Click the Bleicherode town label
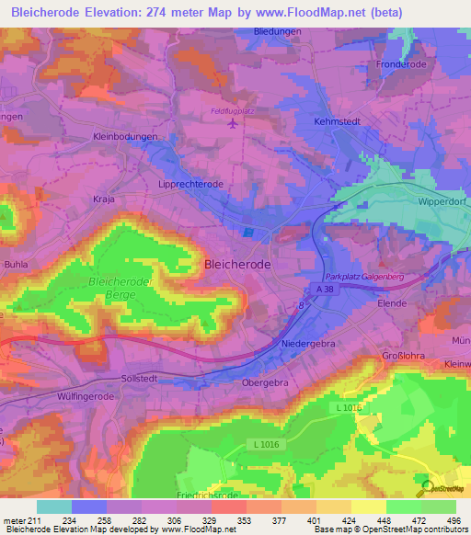click(235, 264)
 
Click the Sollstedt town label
click(143, 378)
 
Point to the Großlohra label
click(404, 357)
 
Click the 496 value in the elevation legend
click(453, 519)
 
